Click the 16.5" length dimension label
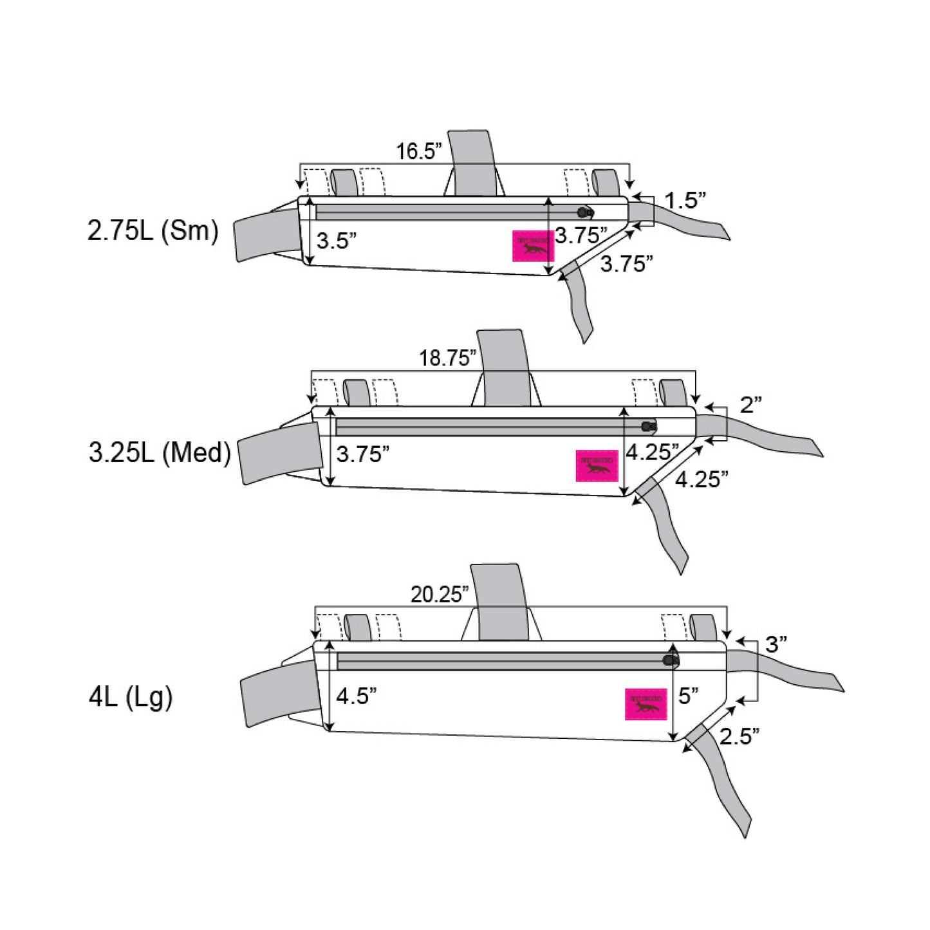coord(419,152)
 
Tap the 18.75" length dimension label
coord(447,358)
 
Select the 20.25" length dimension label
coord(440,594)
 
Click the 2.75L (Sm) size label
coord(153,230)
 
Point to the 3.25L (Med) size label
coord(160,452)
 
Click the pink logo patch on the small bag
coord(533,246)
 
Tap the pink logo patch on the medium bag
coord(597,465)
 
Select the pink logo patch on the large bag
coord(646,704)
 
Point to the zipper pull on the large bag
coord(671,660)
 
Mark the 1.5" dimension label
coord(685,201)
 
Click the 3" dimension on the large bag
coord(776,644)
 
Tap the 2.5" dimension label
coord(739,736)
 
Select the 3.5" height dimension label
coord(336,241)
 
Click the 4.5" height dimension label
coord(356,696)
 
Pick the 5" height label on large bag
coord(689,696)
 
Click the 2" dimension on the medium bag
coord(750,405)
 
